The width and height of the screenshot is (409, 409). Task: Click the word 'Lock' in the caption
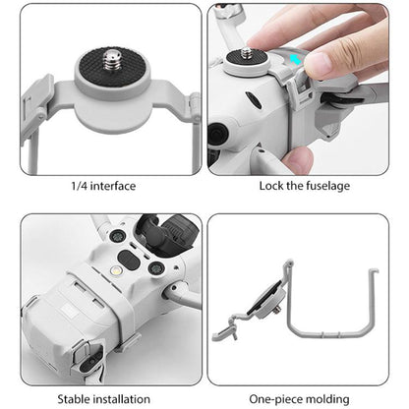pos(273,186)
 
